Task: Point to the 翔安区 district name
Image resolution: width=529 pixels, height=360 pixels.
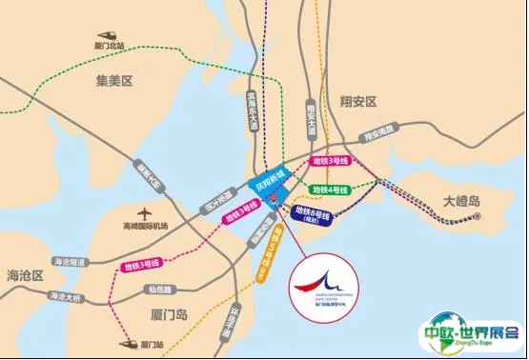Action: (x=358, y=100)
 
